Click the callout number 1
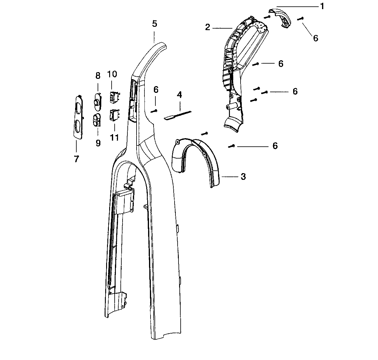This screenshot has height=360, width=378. (x=322, y=6)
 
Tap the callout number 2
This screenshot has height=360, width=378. (x=207, y=27)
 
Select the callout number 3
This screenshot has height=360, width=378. (x=243, y=177)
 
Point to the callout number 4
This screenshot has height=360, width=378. (x=179, y=95)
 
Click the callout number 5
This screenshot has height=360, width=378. (x=154, y=24)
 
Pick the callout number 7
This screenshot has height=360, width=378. (x=76, y=159)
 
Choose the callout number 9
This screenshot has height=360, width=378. (x=98, y=143)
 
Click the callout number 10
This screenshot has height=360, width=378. (x=112, y=74)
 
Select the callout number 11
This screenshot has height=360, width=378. (x=114, y=137)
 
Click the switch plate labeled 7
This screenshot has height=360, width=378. (x=78, y=117)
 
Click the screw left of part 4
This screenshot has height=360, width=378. (x=154, y=111)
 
